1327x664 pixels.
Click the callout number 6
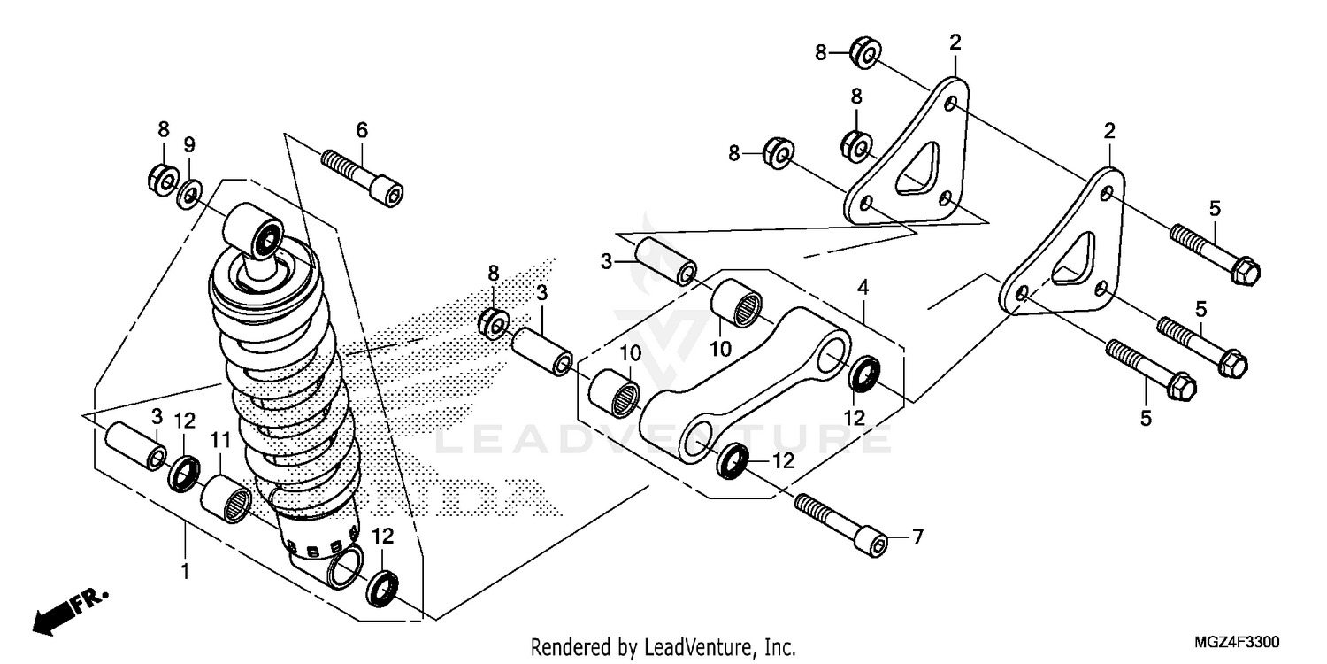tap(361, 130)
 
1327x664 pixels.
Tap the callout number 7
tap(917, 537)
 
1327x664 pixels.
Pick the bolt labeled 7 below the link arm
tap(840, 524)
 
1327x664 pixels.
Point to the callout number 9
tap(188, 144)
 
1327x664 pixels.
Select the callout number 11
tap(220, 438)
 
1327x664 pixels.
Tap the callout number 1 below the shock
tap(185, 572)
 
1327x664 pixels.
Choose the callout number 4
tap(863, 287)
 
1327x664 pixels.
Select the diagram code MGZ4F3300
tap(1238, 641)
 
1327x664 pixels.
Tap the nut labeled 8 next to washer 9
tap(162, 180)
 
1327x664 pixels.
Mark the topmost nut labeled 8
tap(863, 53)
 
